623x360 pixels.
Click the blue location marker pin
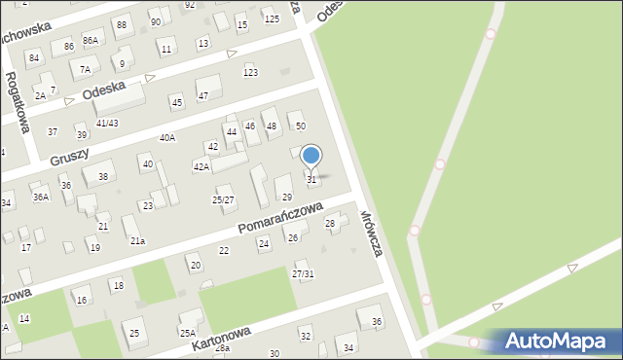tap(311, 156)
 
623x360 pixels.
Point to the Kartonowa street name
tap(221, 340)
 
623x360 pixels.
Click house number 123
tap(251, 73)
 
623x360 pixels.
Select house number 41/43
tap(107, 123)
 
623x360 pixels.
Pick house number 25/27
tap(223, 200)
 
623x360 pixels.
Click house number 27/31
tap(303, 274)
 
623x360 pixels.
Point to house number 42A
tap(202, 167)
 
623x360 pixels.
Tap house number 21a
tap(138, 241)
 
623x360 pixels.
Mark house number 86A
tap(91, 41)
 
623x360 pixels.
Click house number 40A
tap(167, 138)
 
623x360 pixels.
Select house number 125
tap(272, 18)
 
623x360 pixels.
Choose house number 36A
tap(41, 198)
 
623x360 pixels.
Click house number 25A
tap(187, 333)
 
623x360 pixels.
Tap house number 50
tap(301, 126)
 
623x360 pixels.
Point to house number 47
tap(203, 95)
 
